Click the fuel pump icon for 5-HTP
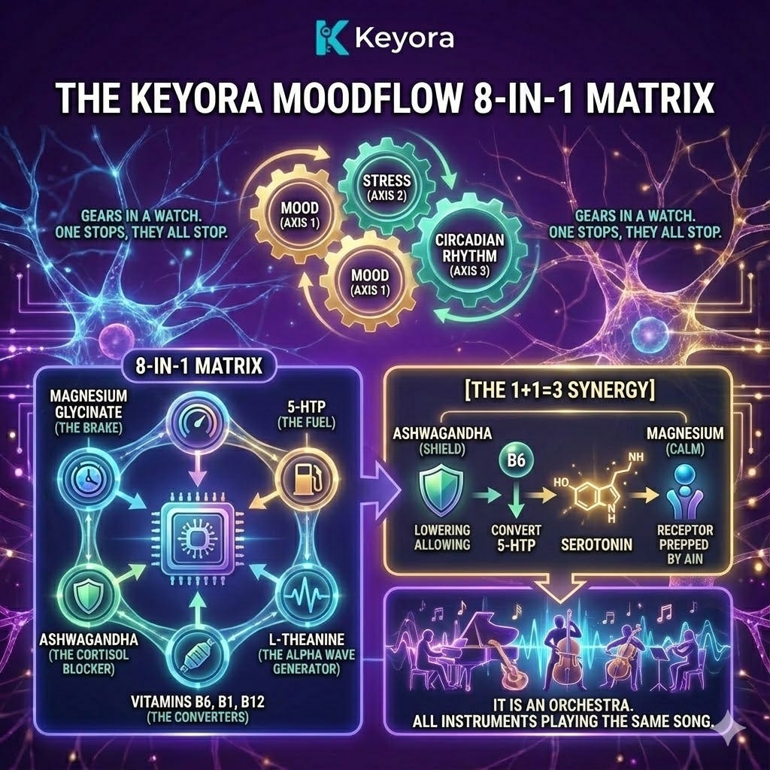coord(304,477)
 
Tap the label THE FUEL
coord(306,424)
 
